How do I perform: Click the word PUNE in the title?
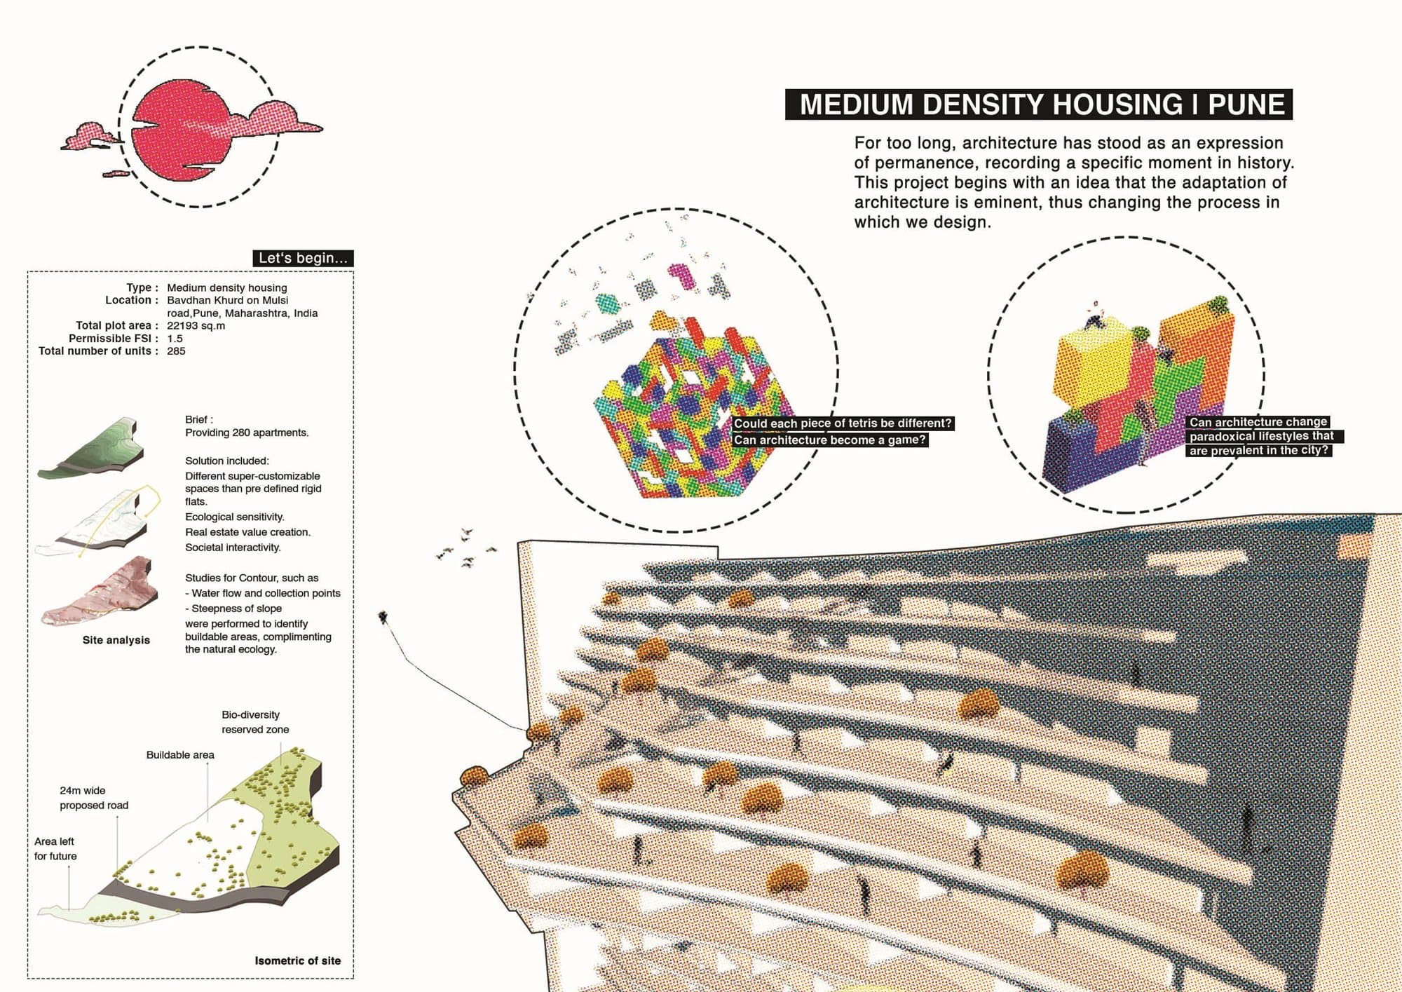(x=1246, y=104)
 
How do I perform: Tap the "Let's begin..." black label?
(x=303, y=258)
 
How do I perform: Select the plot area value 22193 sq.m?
(x=196, y=325)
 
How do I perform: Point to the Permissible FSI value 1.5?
(x=175, y=338)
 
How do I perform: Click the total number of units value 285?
(x=176, y=351)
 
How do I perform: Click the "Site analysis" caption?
(x=116, y=640)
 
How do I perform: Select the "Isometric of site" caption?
(x=298, y=960)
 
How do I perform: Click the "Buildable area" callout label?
(x=180, y=755)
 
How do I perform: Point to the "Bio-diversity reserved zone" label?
(x=255, y=722)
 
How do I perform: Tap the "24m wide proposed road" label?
(x=94, y=798)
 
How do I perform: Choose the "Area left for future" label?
(x=55, y=848)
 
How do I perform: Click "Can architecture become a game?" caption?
(x=830, y=440)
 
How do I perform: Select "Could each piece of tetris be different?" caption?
(x=843, y=423)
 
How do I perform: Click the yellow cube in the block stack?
(x=1092, y=365)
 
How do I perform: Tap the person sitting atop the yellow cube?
(x=1095, y=315)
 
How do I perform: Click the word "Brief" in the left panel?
(x=197, y=419)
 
